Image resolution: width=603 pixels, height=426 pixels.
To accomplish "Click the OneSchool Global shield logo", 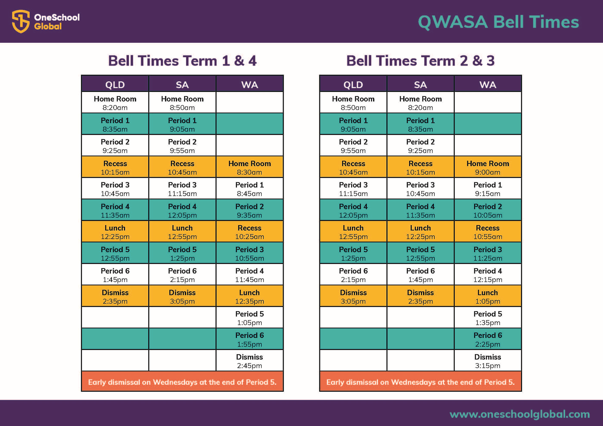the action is click(x=21, y=21).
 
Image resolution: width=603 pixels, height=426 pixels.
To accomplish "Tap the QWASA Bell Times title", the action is click(x=498, y=22).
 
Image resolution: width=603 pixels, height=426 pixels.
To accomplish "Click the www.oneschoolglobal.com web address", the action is click(x=520, y=414).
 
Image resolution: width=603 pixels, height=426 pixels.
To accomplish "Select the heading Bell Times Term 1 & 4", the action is click(x=182, y=61).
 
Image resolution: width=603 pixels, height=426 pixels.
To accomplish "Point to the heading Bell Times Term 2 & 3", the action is click(x=420, y=61).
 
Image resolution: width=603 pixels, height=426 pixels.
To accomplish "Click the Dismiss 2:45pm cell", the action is click(x=250, y=361).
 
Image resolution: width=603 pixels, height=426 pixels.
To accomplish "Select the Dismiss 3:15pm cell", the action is click(x=488, y=361).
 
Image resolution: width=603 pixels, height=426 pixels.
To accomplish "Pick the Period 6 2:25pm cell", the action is click(x=488, y=339).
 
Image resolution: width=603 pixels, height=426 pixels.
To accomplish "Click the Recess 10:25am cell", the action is click(x=250, y=232).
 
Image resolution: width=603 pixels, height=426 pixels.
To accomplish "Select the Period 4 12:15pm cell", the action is click(x=488, y=275).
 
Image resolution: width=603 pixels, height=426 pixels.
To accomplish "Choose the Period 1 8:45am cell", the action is click(x=250, y=189).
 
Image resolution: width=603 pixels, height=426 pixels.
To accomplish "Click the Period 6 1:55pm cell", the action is click(x=250, y=339).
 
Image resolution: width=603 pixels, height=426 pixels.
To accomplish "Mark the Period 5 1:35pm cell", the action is click(x=488, y=318).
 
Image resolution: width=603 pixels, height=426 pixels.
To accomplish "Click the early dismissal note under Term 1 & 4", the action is click(x=182, y=382).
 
